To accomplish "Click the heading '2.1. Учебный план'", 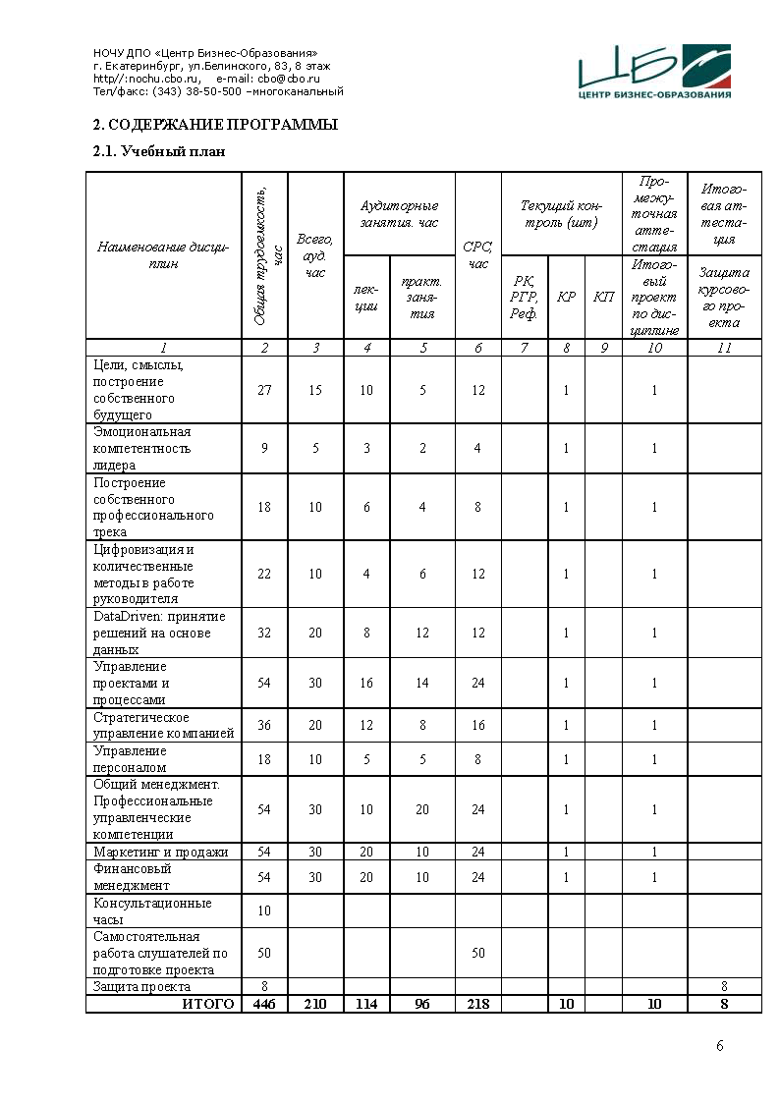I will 158,151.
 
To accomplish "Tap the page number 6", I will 719,1045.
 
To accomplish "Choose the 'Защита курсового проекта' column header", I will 724,297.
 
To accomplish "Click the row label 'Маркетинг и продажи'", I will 160,852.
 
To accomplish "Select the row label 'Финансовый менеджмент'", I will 133,877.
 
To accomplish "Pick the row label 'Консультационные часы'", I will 152,910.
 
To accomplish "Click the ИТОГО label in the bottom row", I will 208,1004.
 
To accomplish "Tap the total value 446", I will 264,1004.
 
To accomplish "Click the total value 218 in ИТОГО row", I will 478,1004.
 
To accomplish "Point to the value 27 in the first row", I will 264,390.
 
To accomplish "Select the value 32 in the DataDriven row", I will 264,634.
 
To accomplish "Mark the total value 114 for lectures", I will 366,1004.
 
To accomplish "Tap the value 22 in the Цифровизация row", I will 264,575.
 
